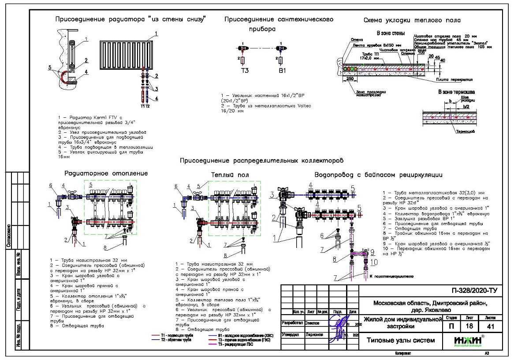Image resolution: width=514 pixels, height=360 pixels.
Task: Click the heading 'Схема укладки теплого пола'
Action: [x=412, y=20]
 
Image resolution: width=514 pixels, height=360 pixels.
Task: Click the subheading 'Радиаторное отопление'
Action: [x=106, y=173]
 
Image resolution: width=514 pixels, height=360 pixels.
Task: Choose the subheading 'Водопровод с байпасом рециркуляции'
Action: [x=378, y=175]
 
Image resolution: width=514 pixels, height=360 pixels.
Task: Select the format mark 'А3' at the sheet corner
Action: [x=487, y=353]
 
